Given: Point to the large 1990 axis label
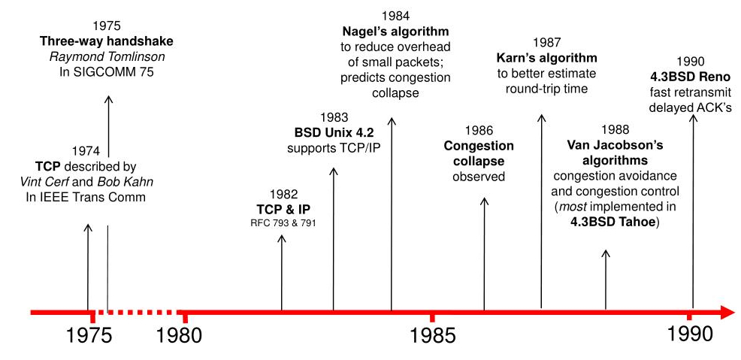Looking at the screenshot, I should (690, 334).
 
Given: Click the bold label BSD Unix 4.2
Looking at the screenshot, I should (334, 132).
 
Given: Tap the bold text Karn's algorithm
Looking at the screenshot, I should (546, 57).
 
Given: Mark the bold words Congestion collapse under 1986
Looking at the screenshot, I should (479, 153).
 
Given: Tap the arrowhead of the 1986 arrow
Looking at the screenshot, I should (484, 202).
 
